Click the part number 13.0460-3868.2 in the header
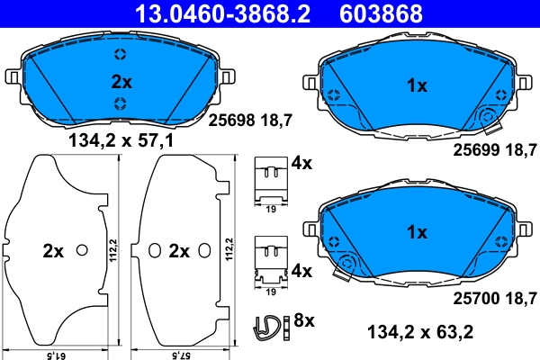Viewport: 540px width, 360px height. [209, 13]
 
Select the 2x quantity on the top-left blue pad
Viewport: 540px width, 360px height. [121, 82]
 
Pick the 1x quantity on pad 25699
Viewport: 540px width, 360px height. [417, 87]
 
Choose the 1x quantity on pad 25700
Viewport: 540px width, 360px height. [417, 231]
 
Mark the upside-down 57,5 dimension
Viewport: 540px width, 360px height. [183, 355]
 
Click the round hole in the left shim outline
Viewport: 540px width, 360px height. [82, 249]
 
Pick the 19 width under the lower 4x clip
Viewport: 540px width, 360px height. [269, 292]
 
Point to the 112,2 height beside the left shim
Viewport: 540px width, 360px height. [112, 250]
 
